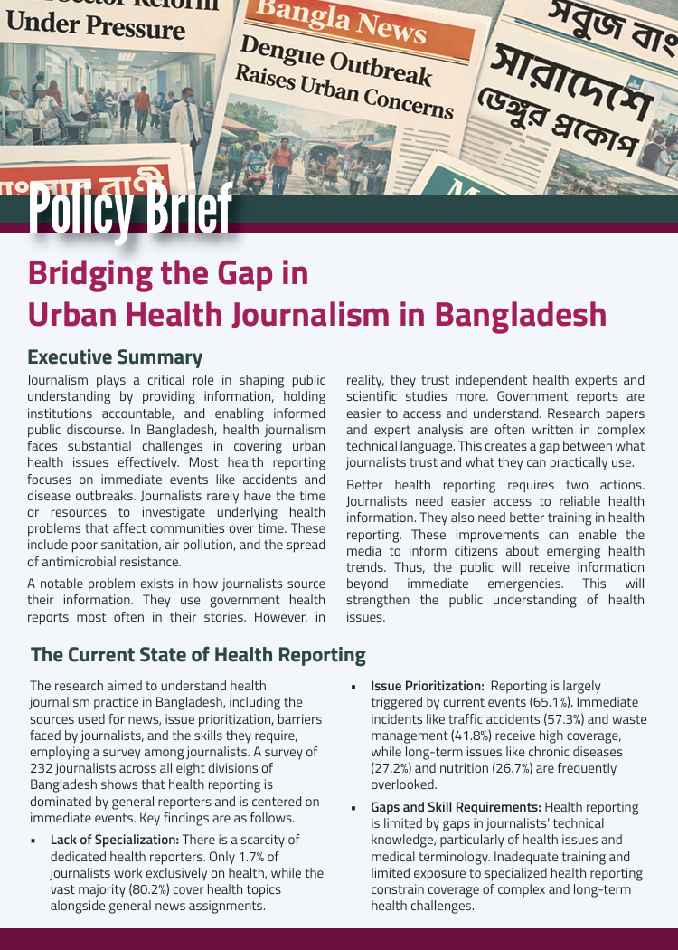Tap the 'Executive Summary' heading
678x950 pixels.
click(115, 357)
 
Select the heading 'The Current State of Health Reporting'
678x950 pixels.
click(198, 655)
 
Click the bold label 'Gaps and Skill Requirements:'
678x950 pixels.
click(456, 807)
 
